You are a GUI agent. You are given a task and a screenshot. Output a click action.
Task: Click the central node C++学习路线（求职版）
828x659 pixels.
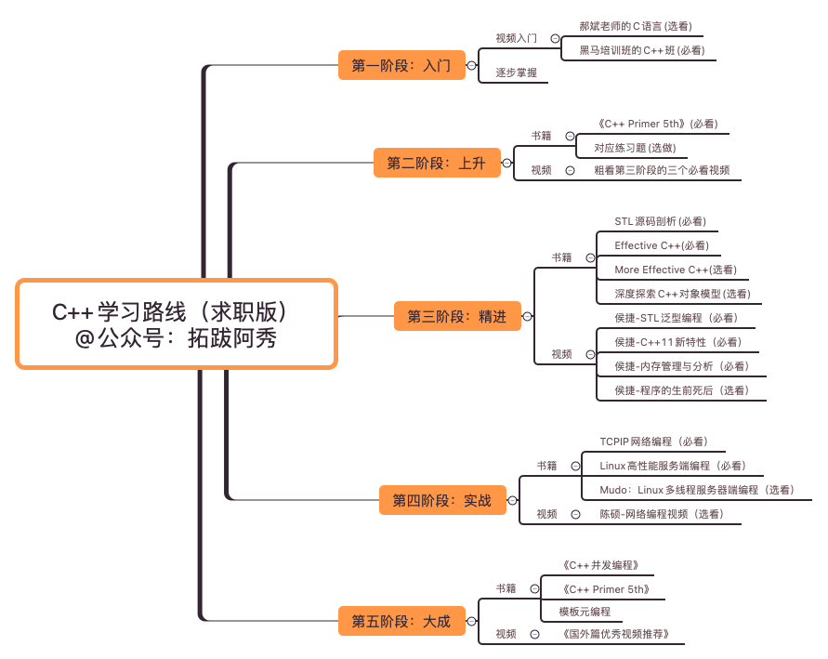[177, 323]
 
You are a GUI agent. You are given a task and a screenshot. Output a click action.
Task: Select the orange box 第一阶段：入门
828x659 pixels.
[401, 66]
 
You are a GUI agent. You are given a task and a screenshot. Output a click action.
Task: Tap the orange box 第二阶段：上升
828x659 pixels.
[436, 164]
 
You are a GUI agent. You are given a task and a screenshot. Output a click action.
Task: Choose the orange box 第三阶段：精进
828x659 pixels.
[457, 317]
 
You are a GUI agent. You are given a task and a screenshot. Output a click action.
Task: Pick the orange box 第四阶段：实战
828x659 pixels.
[441, 500]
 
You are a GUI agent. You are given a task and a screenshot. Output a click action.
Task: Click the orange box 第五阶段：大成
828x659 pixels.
[401, 622]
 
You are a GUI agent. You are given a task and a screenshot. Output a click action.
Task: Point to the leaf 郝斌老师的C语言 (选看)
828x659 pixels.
[635, 27]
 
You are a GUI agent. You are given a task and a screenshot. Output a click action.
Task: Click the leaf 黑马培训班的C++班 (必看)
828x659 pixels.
[640, 50]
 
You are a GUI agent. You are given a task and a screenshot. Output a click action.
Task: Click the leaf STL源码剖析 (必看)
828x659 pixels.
[660, 221]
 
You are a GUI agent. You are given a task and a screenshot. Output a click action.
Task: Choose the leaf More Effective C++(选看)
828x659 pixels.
[675, 270]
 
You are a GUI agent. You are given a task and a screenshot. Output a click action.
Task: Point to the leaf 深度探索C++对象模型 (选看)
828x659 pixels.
[682, 294]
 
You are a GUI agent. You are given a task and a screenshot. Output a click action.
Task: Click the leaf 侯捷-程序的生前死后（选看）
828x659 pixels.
[681, 390]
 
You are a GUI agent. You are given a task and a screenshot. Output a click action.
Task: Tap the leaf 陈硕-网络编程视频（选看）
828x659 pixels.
[660, 514]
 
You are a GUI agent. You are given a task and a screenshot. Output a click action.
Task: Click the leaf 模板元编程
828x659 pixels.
[585, 612]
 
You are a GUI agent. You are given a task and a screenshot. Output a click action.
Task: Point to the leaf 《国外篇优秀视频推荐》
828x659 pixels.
[616, 634]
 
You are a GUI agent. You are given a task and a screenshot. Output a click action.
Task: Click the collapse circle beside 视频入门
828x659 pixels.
[555, 39]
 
